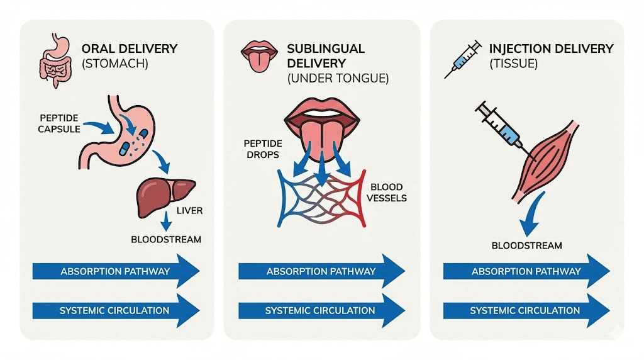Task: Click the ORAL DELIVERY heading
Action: [130, 48]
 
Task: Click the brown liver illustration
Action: [163, 196]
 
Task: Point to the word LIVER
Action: [189, 211]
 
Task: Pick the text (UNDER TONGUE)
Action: [338, 79]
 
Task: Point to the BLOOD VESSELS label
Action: [389, 193]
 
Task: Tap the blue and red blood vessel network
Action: [321, 198]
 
